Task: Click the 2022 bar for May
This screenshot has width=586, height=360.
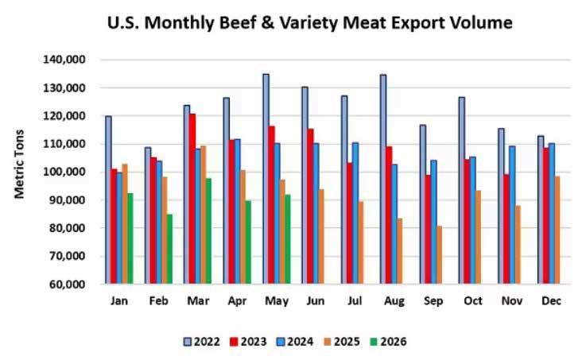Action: pos(266,179)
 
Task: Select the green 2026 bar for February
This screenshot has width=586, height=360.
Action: pos(169,249)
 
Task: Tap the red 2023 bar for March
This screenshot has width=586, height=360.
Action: pos(192,199)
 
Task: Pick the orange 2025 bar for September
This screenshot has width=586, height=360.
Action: pos(439,255)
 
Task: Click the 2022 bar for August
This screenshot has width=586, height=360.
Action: pos(383,180)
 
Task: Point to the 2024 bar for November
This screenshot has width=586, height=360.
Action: pos(512,215)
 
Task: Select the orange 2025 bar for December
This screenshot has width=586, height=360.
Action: pos(557,230)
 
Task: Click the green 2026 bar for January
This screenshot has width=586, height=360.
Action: pos(130,238)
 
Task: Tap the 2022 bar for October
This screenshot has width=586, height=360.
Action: pos(462,191)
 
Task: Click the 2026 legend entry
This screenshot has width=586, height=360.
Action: pos(388,342)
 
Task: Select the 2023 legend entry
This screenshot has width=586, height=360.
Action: pos(249,342)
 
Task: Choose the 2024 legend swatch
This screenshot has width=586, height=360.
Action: pos(281,342)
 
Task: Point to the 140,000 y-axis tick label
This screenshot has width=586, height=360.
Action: pos(64,60)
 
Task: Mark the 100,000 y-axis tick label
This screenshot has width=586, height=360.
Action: pos(64,172)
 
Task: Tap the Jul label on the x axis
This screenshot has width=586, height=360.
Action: pos(355,301)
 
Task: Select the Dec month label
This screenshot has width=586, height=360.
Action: pos(551,301)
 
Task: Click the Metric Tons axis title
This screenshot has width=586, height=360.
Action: pos(19,165)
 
